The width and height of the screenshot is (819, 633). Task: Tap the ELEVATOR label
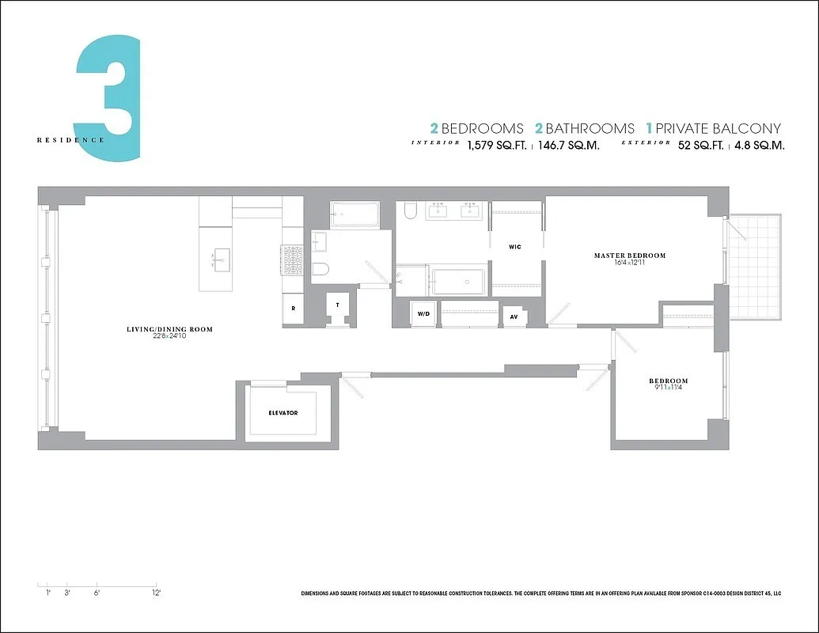click(282, 413)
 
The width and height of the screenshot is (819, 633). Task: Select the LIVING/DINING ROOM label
click(169, 329)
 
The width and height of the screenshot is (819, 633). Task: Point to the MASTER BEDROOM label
click(629, 256)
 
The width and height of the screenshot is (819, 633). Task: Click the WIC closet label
click(515, 247)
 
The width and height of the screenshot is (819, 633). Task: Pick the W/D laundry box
click(423, 313)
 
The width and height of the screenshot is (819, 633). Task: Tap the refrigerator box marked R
click(293, 309)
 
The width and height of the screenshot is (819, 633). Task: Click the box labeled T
click(338, 305)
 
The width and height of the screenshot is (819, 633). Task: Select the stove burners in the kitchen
click(292, 260)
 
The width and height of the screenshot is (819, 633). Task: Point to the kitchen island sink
click(220, 258)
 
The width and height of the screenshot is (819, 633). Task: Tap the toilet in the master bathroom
click(410, 210)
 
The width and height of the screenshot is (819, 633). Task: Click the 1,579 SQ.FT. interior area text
click(496, 146)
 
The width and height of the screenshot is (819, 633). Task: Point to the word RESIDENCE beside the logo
click(70, 140)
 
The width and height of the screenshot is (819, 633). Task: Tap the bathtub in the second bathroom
click(355, 214)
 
